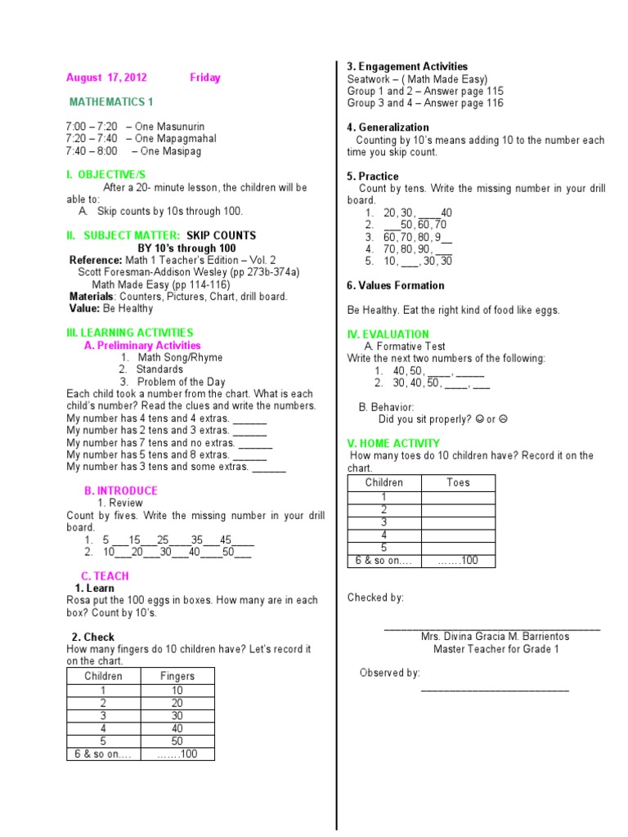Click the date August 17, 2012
(106, 78)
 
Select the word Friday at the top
(205, 78)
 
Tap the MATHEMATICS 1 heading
(111, 102)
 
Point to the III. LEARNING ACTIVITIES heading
(130, 333)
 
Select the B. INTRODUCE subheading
(121, 490)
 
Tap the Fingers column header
(177, 676)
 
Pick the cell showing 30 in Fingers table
(177, 715)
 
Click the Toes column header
(458, 483)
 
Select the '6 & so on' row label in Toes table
(384, 561)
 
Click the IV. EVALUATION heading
(388, 334)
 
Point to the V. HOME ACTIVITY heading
(393, 443)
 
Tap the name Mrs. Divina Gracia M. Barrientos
(495, 637)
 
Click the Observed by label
(390, 673)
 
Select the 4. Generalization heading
(388, 128)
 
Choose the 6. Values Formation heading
(396, 285)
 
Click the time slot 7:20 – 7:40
(141, 139)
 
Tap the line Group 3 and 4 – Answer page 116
(425, 103)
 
